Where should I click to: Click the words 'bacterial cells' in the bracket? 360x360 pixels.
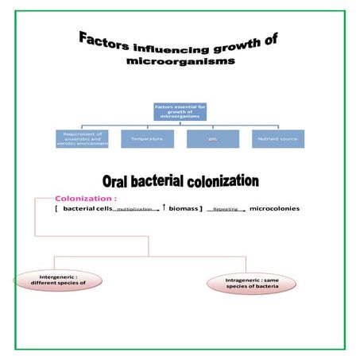tap(88, 208)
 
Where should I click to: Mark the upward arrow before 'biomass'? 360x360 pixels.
tap(163, 207)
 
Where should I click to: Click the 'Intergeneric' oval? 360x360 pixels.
tap(52, 280)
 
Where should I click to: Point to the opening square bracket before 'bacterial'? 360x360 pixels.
tap(56, 208)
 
